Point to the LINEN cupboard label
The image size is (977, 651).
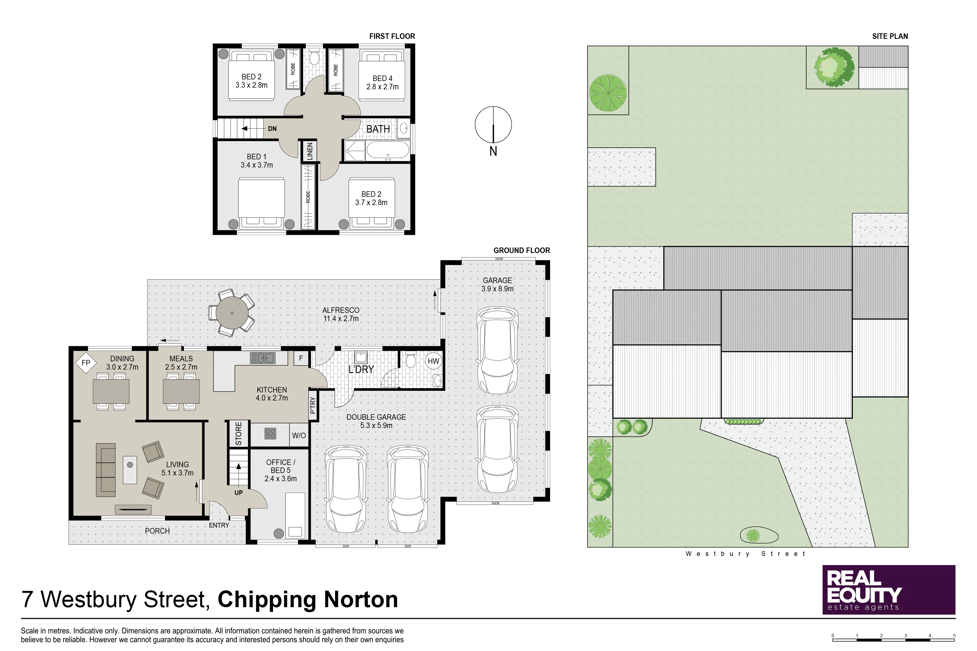(309, 151)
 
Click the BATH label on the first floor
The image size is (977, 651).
(378, 129)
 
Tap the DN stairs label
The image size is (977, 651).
(272, 129)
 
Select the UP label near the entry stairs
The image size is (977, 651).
(239, 493)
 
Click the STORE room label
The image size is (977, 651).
(239, 434)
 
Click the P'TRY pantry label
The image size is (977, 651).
(313, 405)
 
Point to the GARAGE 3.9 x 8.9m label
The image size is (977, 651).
(497, 284)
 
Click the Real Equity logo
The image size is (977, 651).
(889, 590)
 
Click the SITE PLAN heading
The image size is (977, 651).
(890, 36)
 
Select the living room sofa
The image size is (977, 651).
(106, 470)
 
